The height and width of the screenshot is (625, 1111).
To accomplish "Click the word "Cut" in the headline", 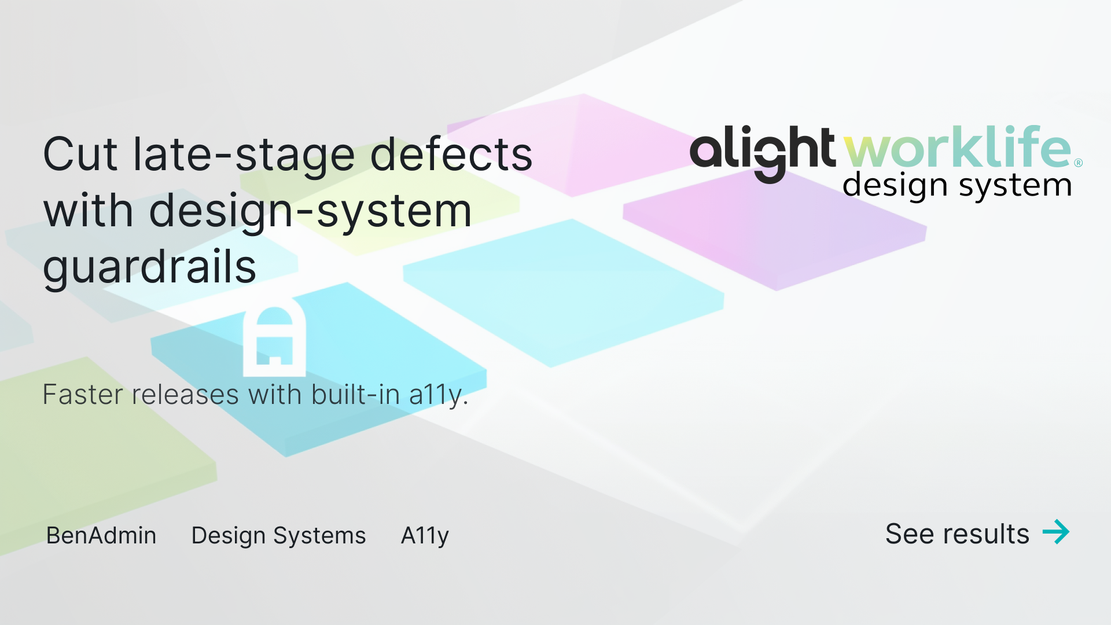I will pos(81,155).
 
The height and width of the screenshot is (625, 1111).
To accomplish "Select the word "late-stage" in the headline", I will pos(243,155).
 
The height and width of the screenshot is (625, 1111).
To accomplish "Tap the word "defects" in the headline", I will pos(451,155).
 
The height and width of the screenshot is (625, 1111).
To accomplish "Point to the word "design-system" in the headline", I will pos(310,211).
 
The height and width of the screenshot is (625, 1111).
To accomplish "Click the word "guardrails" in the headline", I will pos(149,267).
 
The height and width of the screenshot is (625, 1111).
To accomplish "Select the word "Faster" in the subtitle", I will pos(83,395).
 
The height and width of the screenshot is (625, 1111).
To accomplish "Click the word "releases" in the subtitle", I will pos(185,395).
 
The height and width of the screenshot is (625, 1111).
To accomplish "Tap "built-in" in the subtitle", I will pos(355,395).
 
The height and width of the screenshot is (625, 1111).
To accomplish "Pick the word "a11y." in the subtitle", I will pos(438,396).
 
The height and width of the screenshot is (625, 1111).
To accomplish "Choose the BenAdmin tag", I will pos(101,535).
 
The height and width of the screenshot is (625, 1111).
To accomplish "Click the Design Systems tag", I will pos(278,536).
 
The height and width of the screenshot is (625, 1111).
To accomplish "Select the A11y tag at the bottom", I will pos(425,536).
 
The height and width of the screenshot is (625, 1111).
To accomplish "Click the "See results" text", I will pos(957,534).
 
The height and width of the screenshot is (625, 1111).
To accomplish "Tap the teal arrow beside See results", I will pos(1056,532).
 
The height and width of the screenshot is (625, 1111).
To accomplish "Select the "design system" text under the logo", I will pos(957,186).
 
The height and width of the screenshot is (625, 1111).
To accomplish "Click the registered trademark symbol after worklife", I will pos(1078,163).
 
